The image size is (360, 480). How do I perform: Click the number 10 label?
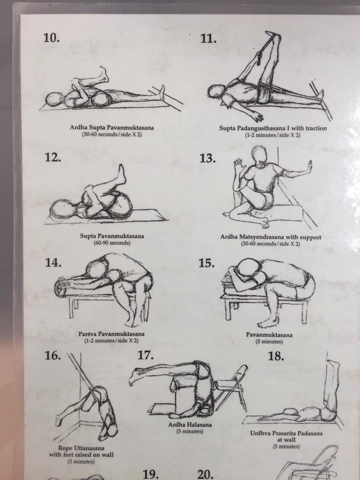point(51,38)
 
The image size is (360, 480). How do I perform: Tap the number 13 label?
point(208,158)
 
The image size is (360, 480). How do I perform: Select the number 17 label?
point(145,355)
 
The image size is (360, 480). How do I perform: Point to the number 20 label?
point(205,474)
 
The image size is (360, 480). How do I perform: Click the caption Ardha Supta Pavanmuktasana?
point(111,127)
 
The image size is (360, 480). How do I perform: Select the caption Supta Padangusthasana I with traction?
point(273,128)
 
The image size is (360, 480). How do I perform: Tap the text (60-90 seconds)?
point(112,243)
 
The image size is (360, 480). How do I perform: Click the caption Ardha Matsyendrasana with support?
point(270,237)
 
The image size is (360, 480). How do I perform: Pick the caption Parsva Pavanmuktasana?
point(111,333)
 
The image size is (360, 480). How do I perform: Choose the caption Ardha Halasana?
point(190,424)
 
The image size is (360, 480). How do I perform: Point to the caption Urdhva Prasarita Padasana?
point(286,433)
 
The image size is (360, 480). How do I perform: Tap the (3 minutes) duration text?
point(81,461)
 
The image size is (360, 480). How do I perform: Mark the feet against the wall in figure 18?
point(333,367)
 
